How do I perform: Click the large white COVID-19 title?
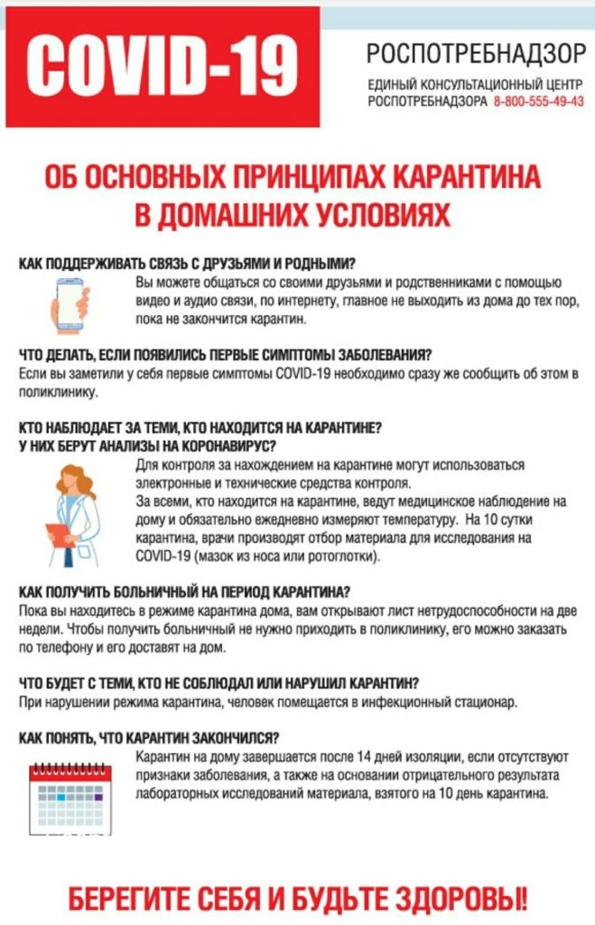pos(162,65)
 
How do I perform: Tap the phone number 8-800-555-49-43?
pos(539,101)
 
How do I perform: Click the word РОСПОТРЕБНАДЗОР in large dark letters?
pos(476,54)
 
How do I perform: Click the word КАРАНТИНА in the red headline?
pos(469,174)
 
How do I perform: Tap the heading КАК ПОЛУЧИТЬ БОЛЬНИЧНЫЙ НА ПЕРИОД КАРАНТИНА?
pos(185,592)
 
